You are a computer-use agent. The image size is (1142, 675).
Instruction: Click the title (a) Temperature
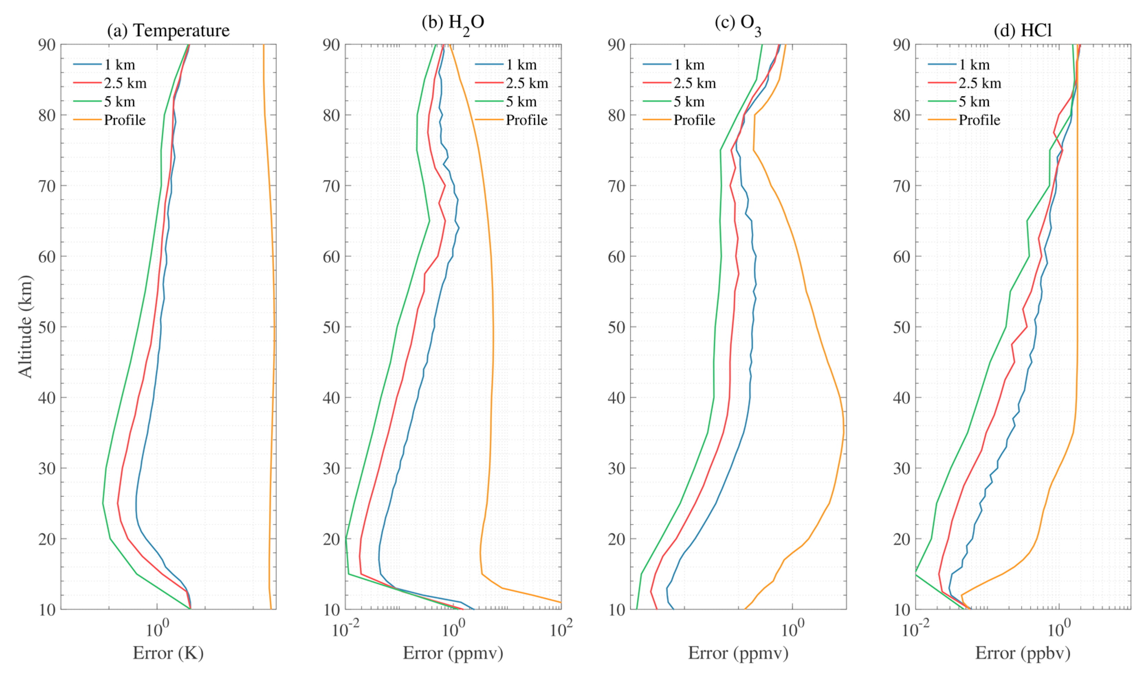click(168, 31)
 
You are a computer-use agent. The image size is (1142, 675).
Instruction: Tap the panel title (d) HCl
click(1022, 31)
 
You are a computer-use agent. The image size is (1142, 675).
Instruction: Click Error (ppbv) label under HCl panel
click(1022, 653)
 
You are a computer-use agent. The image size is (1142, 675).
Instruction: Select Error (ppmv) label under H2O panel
click(453, 653)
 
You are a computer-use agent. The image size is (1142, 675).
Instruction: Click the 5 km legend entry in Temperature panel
click(119, 101)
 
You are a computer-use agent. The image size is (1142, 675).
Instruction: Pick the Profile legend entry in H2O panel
click(526, 120)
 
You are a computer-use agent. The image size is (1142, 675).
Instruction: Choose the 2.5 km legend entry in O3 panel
click(694, 83)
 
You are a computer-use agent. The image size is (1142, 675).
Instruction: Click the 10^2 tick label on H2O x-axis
click(561, 630)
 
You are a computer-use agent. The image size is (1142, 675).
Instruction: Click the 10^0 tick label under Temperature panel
click(157, 630)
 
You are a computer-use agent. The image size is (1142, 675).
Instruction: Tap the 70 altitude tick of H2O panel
click(331, 186)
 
